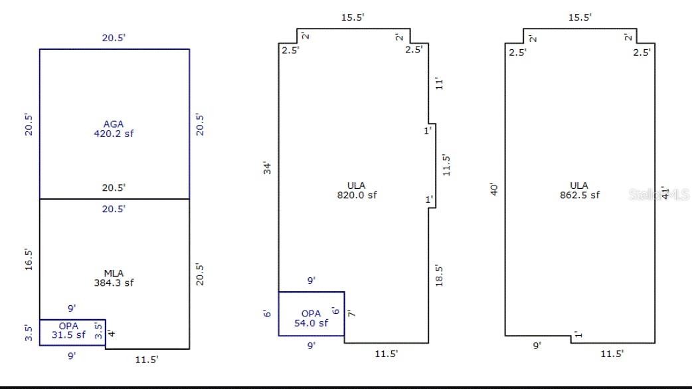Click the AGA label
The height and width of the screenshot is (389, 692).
tap(114, 124)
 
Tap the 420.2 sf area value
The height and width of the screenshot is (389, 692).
tap(114, 134)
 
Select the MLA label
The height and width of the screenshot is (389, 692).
tap(114, 273)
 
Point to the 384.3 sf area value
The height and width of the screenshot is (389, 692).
tap(114, 283)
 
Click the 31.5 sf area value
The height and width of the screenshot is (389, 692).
tap(68, 335)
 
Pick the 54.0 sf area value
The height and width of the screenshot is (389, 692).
tap(311, 323)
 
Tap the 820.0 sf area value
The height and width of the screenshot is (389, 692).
tap(357, 195)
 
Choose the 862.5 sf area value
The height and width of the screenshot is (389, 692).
tap(580, 195)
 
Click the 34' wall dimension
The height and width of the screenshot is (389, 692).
tap(267, 168)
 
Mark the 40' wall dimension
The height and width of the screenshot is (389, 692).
tap(494, 189)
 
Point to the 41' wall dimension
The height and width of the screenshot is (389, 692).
tap(665, 193)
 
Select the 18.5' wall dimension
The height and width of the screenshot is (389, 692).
tap(439, 275)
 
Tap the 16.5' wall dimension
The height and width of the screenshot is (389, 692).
tap(29, 259)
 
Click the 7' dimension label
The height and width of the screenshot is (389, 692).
tap(351, 313)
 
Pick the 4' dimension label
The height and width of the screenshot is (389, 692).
tap(111, 333)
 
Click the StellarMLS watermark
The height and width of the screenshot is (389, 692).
tap(658, 194)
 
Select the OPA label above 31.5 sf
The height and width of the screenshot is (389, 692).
tap(68, 326)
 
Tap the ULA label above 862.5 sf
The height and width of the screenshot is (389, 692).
tap(579, 186)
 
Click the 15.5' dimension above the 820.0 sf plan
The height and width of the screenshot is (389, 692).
tap(353, 17)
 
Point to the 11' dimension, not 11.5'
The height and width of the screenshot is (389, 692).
tap(439, 84)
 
